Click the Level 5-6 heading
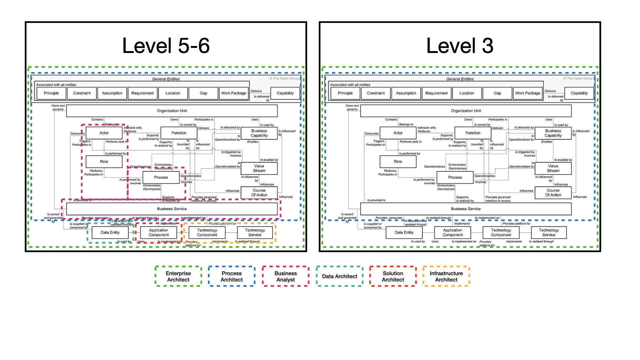click(166, 46)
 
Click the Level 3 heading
click(460, 46)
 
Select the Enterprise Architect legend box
click(178, 276)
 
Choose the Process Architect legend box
click(232, 276)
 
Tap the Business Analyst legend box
click(286, 276)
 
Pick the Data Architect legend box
click(339, 276)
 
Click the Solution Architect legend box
click(393, 276)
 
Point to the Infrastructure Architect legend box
click(446, 276)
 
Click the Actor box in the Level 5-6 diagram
click(104, 133)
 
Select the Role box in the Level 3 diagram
click(398, 162)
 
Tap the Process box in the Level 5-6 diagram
click(161, 177)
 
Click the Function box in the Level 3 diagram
click(473, 133)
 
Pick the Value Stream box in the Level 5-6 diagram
click(259, 168)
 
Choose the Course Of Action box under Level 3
click(553, 193)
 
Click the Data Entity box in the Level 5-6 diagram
click(110, 232)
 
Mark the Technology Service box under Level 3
click(549, 232)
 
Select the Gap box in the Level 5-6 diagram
click(203, 93)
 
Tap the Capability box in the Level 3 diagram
click(579, 93)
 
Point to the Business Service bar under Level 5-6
click(172, 209)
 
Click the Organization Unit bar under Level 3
click(466, 111)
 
